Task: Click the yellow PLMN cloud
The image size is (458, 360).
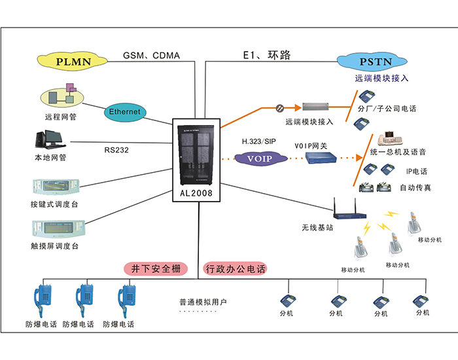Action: point(73,62)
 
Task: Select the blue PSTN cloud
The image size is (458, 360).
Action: point(373,62)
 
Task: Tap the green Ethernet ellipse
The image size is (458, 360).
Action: point(124,112)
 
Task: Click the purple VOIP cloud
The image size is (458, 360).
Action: point(260,158)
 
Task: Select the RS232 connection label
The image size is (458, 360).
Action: point(117,149)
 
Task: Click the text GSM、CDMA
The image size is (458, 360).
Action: point(151,56)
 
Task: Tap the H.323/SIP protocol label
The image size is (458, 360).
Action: point(259,141)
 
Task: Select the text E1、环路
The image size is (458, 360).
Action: point(266,56)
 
